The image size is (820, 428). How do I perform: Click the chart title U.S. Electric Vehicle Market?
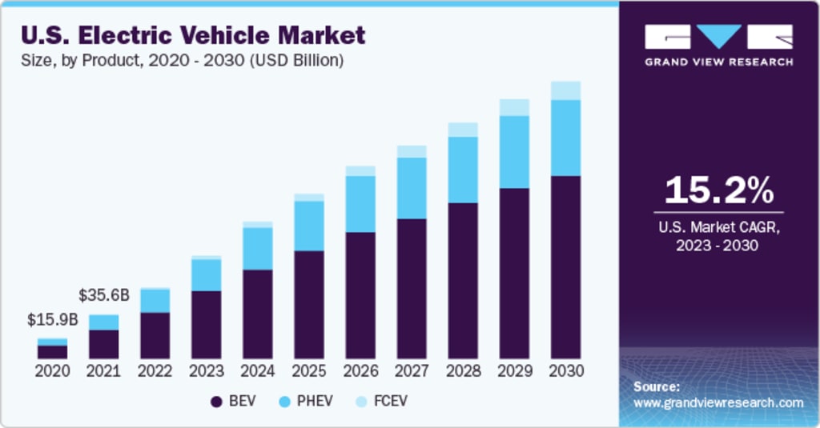193,34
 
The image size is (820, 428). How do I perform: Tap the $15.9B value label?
52,320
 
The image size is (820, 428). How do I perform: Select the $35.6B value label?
103,294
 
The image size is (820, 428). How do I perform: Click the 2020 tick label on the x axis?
52,371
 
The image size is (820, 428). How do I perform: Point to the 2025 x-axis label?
309,371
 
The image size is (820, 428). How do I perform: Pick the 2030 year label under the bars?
566,371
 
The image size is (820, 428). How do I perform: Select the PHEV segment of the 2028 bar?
463,170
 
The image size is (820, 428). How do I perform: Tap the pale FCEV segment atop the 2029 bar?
514,107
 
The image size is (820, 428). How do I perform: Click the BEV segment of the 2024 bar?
258,314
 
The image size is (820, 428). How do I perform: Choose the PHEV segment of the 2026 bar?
360,204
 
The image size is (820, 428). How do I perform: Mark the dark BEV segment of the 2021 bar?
103,344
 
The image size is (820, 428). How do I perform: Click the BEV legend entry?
233,401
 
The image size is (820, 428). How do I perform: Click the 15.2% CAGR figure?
719,190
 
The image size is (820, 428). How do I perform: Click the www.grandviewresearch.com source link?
718,402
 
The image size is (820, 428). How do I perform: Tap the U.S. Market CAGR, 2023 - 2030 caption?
719,236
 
